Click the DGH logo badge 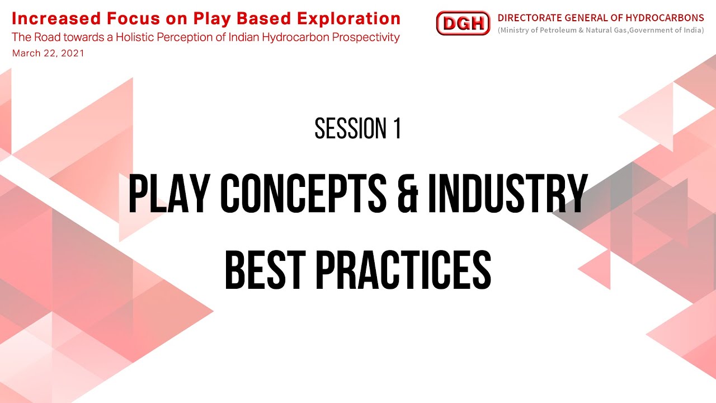tap(463, 24)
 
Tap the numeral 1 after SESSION tap(396, 129)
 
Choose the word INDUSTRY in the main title tap(508, 195)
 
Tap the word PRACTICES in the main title tap(403, 270)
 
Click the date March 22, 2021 tap(48, 54)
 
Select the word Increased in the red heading tap(48, 18)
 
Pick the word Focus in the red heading tap(113, 18)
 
